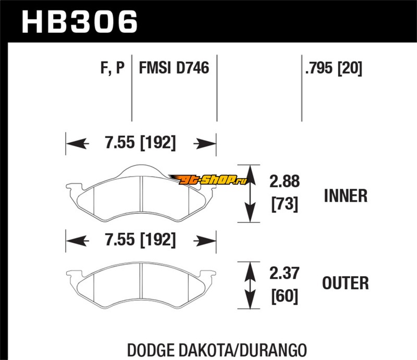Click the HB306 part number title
point(80,21)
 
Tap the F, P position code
point(112,68)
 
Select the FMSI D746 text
point(174,68)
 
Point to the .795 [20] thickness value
point(334,68)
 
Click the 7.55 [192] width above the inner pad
point(140,143)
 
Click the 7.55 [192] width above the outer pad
point(140,240)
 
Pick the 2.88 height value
point(284,181)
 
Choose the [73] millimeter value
point(285,204)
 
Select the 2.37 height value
point(284,273)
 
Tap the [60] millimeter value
point(285,296)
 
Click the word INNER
point(346,196)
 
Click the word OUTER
point(346,283)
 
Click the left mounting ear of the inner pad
point(73,187)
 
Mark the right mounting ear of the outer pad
point(208,274)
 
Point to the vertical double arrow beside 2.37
point(250,285)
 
